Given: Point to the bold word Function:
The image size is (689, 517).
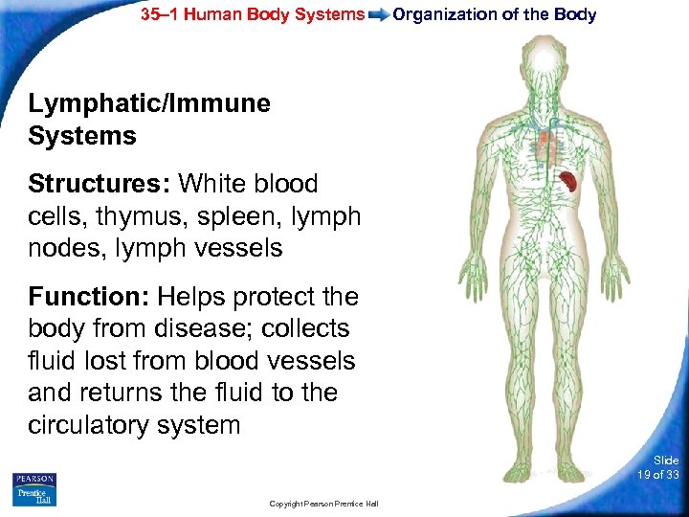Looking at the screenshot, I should pyautogui.click(x=89, y=297).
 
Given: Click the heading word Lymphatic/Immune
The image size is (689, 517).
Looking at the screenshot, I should pyautogui.click(x=149, y=103).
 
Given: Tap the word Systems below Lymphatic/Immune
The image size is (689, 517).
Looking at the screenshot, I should pyautogui.click(x=82, y=136).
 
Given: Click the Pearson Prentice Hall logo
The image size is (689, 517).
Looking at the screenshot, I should pyautogui.click(x=35, y=488).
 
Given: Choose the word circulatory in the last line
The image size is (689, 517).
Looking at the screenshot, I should pyautogui.click(x=90, y=424).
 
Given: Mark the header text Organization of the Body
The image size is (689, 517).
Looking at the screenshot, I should pyautogui.click(x=495, y=14).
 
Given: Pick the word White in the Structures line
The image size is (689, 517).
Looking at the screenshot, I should pyautogui.click(x=216, y=183).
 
